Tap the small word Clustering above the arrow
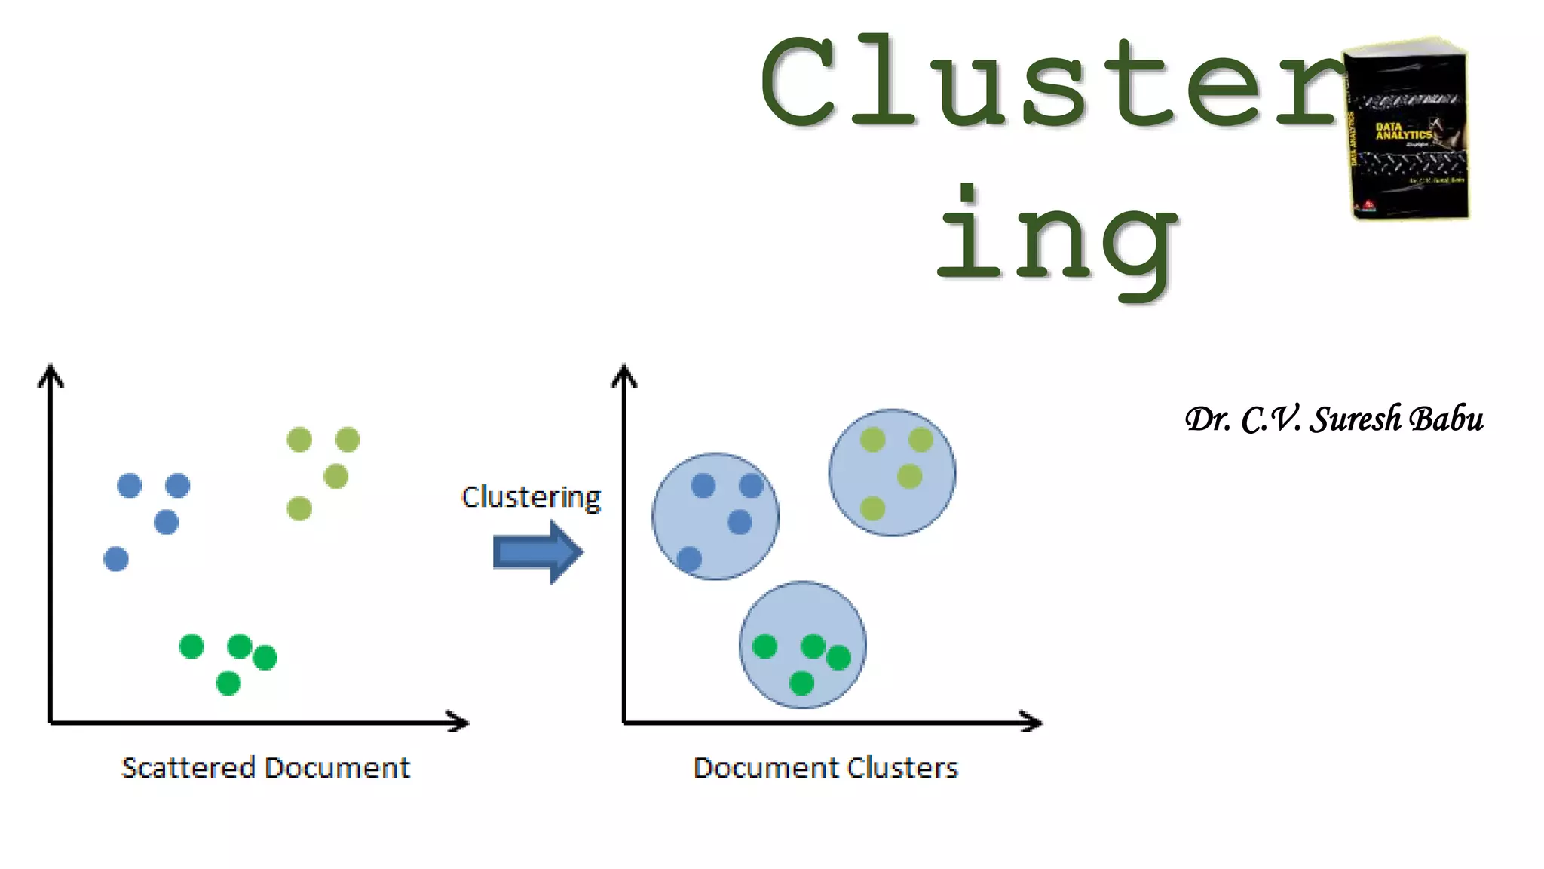click(x=531, y=498)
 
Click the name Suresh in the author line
click(x=1356, y=419)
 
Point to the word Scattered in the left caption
click(x=188, y=768)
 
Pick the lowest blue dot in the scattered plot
click(x=116, y=559)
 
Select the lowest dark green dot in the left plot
click(x=228, y=683)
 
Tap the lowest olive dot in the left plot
click(x=299, y=508)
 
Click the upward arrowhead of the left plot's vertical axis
click(x=51, y=374)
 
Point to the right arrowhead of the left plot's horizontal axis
click(x=458, y=722)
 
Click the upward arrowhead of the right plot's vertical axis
click(x=624, y=374)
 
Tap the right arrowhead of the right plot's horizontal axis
click(x=1032, y=722)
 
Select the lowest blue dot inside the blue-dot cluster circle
click(x=689, y=559)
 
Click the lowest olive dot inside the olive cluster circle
click(x=872, y=508)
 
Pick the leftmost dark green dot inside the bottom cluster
click(x=764, y=646)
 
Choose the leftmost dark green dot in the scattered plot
click(x=191, y=646)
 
